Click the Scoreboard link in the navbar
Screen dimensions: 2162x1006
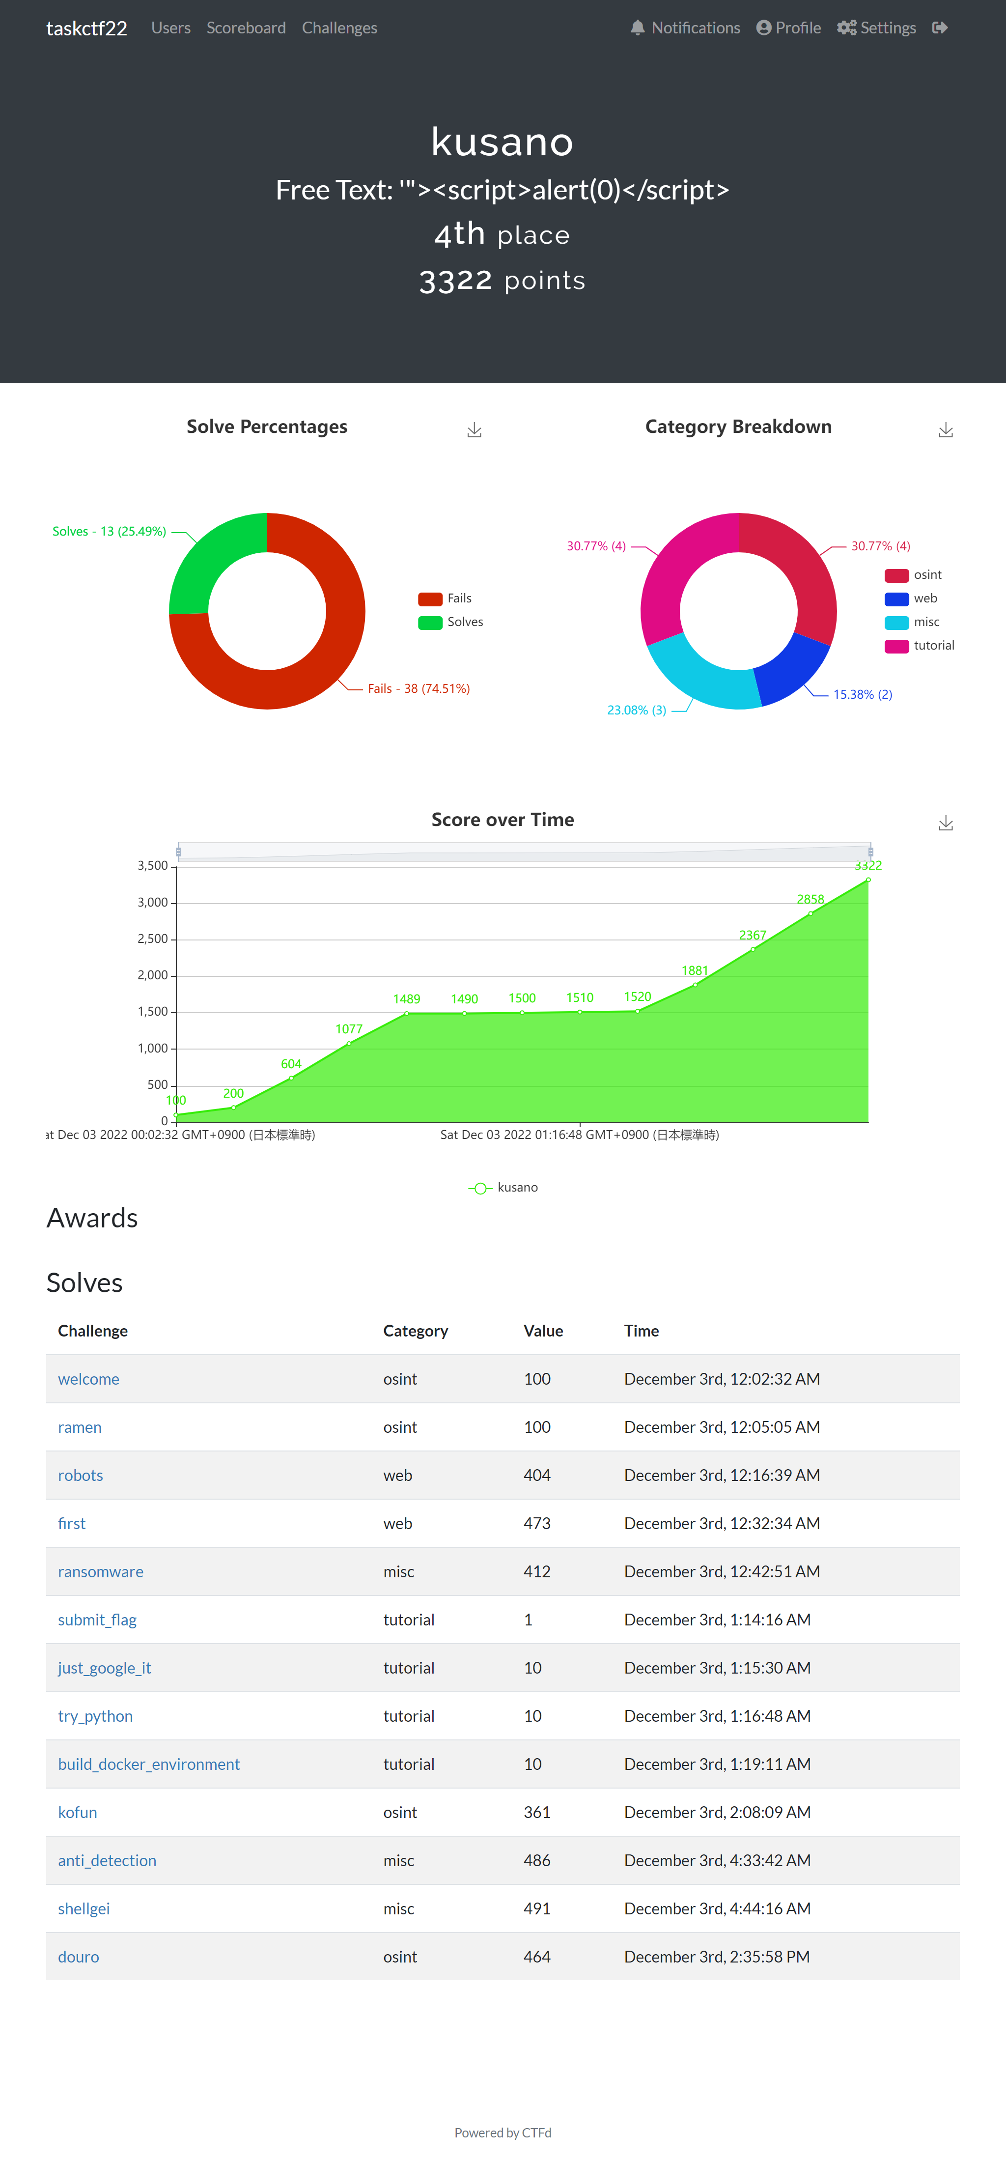246,28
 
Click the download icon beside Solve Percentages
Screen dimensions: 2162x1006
474,430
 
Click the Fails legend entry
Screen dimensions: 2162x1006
446,598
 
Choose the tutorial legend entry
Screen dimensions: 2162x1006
920,646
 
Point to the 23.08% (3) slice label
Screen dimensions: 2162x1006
636,710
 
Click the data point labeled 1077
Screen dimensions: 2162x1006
349,1043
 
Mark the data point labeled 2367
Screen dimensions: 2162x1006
753,949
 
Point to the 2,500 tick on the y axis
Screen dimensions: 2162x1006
153,939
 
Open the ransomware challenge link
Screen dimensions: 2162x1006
101,1571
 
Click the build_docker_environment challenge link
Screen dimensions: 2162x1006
148,1764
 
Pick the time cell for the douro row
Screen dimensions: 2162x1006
717,1957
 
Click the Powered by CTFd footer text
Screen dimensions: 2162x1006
503,2132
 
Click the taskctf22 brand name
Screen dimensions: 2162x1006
86,28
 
